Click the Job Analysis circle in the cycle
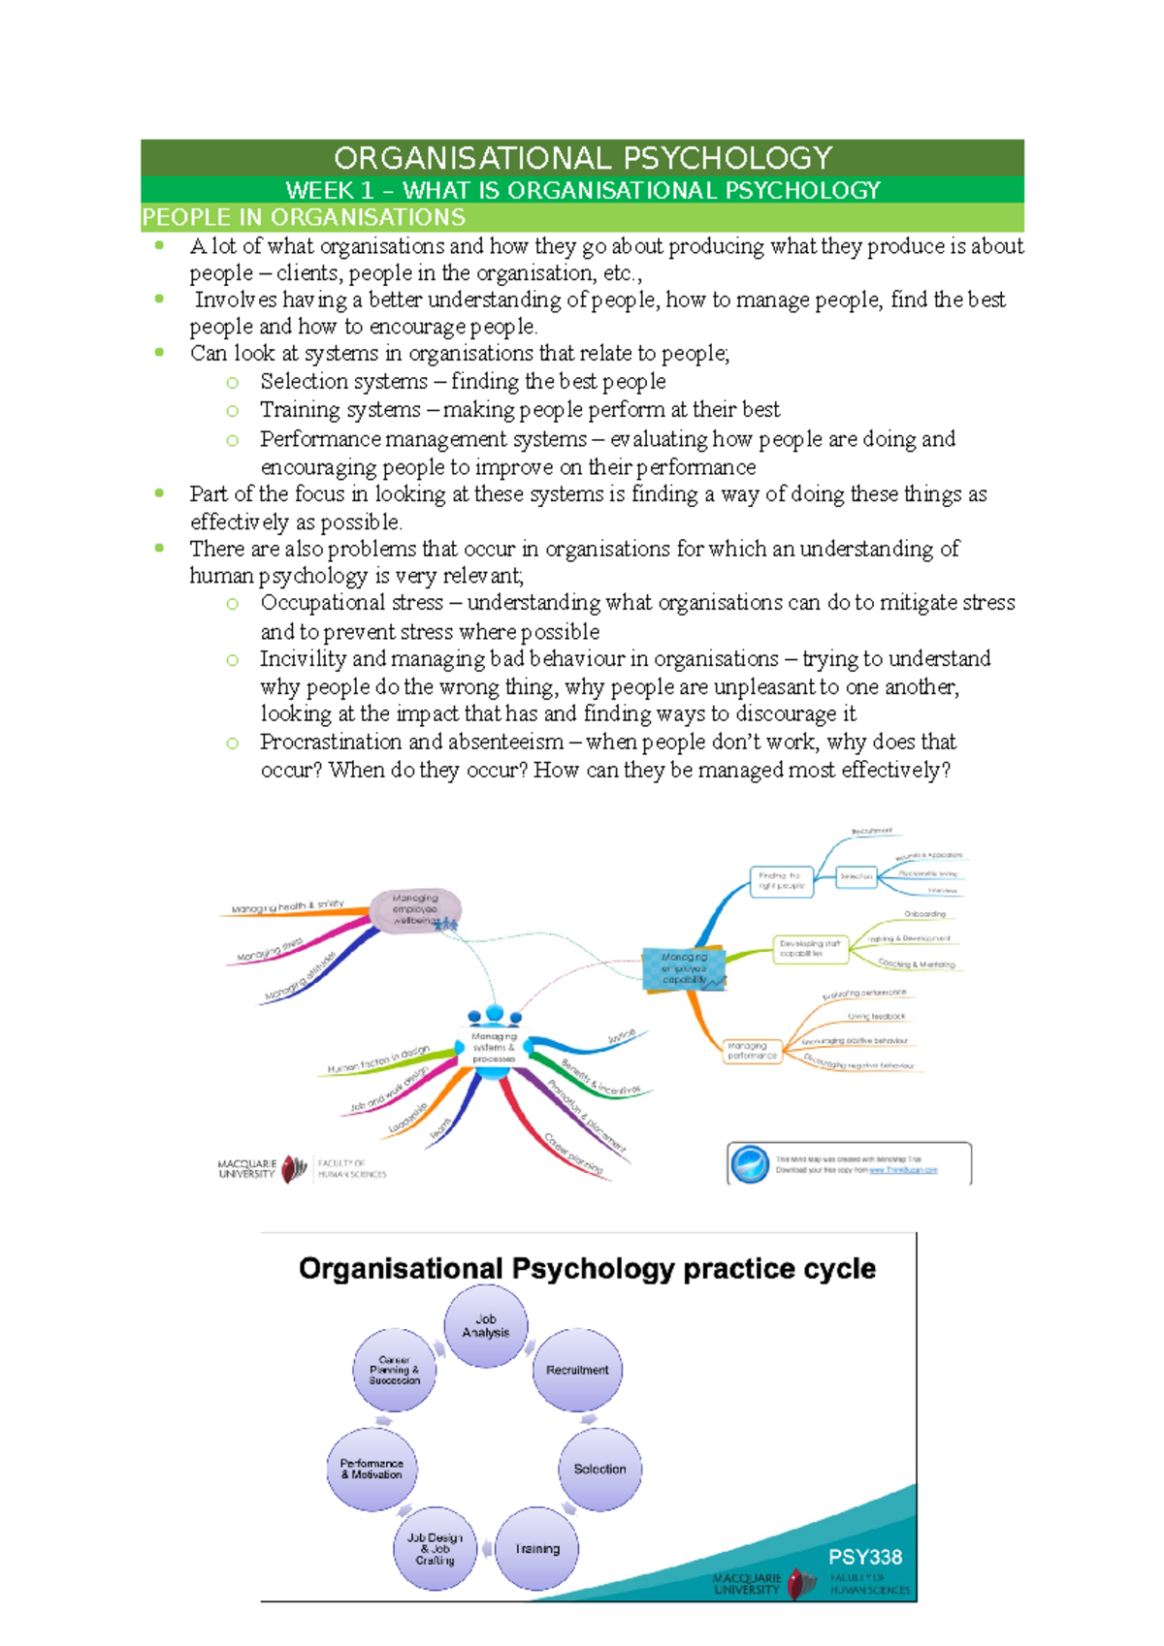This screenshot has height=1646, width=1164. tap(486, 1326)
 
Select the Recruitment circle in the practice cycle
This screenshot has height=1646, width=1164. tap(577, 1370)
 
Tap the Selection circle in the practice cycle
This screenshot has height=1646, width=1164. tap(599, 1469)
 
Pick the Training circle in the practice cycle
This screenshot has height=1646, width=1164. tap(536, 1548)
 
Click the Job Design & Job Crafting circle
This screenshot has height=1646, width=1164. tap(435, 1548)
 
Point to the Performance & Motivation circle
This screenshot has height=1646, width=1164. tap(372, 1469)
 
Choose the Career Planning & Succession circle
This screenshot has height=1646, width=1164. tap(394, 1370)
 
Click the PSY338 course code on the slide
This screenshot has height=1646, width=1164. tap(864, 1557)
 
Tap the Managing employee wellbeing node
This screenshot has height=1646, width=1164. tap(415, 909)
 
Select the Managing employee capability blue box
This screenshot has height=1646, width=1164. tap(684, 967)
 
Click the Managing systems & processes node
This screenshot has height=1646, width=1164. tap(494, 1047)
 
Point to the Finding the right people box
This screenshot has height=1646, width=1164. tap(781, 879)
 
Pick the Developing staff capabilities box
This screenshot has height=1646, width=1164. tap(810, 948)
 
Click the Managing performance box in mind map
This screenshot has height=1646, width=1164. tap(751, 1051)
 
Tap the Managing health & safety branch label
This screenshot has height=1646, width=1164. tap(287, 907)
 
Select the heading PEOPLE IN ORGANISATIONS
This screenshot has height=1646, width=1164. tap(304, 217)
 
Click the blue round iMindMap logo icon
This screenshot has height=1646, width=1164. tap(750, 1163)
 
